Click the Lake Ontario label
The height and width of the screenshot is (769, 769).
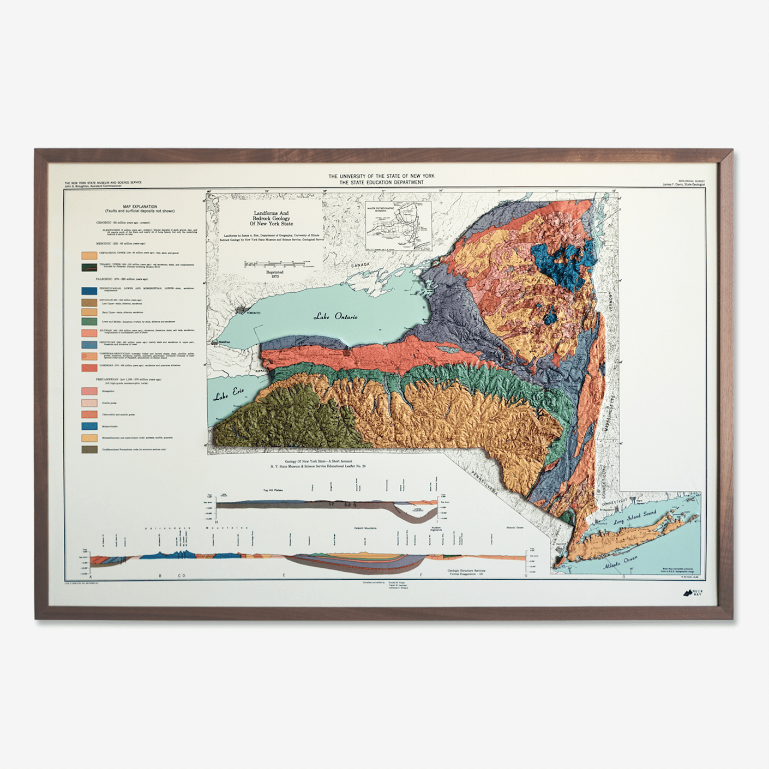pyautogui.click(x=335, y=316)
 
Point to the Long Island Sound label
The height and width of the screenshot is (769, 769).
pyautogui.click(x=634, y=516)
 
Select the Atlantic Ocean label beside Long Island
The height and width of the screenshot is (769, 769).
pyautogui.click(x=620, y=563)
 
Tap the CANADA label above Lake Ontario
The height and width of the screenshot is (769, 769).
pyautogui.click(x=360, y=265)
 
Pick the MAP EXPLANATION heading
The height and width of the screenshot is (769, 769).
pyautogui.click(x=140, y=207)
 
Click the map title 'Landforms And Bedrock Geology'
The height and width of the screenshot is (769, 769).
pyautogui.click(x=272, y=218)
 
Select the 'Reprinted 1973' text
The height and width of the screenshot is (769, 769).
pyautogui.click(x=274, y=274)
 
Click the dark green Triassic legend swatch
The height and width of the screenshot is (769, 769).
pyautogui.click(x=89, y=267)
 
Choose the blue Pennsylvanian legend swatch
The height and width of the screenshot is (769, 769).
pyautogui.click(x=89, y=291)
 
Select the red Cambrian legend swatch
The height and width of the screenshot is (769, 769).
pyautogui.click(x=89, y=368)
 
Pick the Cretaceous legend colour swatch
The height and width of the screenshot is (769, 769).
pyautogui.click(x=89, y=255)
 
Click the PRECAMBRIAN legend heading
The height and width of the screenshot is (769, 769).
pyautogui.click(x=129, y=379)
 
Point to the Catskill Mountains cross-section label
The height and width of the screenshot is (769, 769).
pyautogui.click(x=365, y=528)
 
